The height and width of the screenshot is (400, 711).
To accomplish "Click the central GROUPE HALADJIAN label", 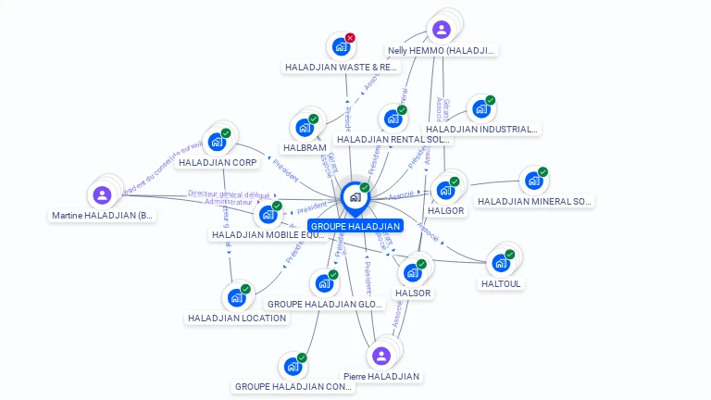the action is pos(355,226).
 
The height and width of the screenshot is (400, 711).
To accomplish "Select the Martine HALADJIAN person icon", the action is pos(102,195).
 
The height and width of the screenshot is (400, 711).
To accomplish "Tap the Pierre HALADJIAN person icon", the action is pos(380,356).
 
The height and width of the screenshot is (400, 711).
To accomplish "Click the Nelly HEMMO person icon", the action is pos(442,30).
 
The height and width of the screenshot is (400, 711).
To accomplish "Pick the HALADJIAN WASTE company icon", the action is pos(341,46).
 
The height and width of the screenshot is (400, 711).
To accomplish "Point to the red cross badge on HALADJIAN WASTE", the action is pos(350,38).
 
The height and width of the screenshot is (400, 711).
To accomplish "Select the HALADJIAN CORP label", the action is pos(218,163).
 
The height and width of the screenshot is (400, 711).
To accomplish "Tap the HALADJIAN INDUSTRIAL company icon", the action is pos(480,109).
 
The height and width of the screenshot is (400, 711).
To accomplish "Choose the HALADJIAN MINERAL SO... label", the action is pos(534,201).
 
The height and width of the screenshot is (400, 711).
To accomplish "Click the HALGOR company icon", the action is pos(445,191).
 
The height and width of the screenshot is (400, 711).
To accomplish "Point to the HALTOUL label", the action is pos(502,283).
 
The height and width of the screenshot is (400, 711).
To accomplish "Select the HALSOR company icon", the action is pos(413,273).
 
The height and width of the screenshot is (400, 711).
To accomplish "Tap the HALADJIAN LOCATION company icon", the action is pos(236,298).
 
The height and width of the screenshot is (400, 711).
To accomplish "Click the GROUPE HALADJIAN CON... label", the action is pos(293,386).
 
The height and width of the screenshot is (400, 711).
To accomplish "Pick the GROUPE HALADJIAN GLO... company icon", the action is pos(324,283).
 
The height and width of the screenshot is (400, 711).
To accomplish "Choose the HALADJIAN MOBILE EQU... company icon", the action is pos(268,215).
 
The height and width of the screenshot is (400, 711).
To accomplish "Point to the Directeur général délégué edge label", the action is pos(229,194).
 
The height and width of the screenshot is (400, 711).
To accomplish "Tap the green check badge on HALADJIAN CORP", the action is pos(225,133).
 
